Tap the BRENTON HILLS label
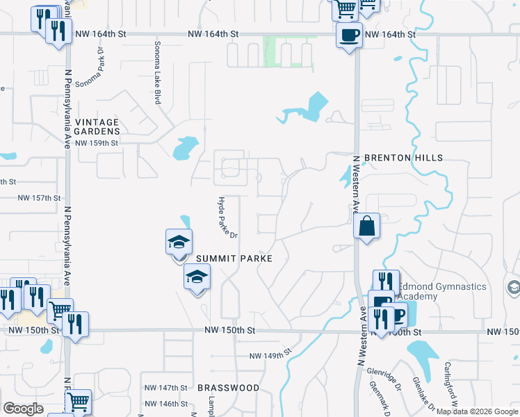(x=403, y=158)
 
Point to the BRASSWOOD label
(x=228, y=388)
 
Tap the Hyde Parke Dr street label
(x=228, y=217)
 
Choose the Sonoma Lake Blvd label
(x=157, y=73)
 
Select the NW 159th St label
(x=97, y=142)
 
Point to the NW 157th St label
(x=39, y=198)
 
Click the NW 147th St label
(x=165, y=387)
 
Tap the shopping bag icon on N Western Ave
(x=366, y=227)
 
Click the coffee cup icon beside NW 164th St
(x=349, y=35)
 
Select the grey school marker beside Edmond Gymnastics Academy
(x=513, y=286)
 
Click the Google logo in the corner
(x=23, y=409)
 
